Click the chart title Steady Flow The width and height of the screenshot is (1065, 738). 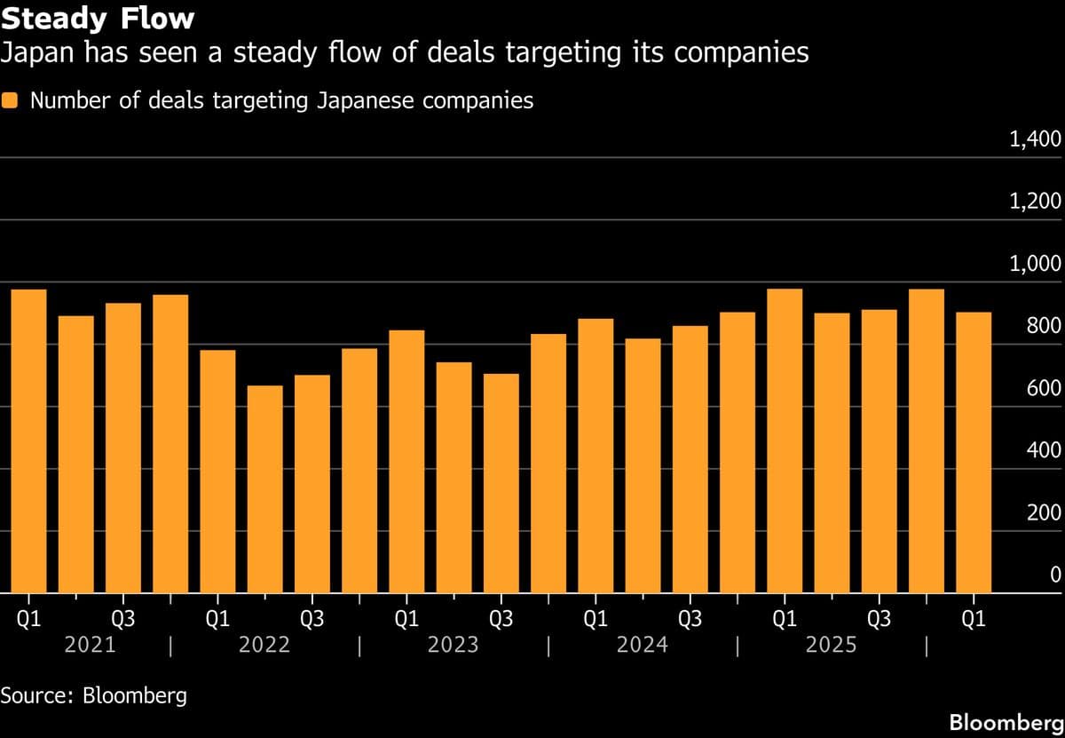[x=98, y=18]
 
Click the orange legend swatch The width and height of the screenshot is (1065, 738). [x=11, y=100]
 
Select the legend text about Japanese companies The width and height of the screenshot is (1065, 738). [x=281, y=100]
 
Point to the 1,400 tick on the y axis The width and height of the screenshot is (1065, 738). [x=1036, y=139]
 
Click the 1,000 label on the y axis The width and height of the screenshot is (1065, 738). [x=1036, y=264]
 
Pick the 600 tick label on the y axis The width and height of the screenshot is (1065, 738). [x=1043, y=388]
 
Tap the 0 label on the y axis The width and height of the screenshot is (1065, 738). [x=1055, y=575]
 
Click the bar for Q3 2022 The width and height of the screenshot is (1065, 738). [x=312, y=484]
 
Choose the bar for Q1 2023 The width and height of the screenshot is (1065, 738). [x=406, y=462]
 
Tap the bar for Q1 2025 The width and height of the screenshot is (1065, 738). [x=785, y=441]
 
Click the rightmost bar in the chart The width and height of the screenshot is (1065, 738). [x=974, y=453]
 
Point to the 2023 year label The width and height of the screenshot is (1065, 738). [x=453, y=645]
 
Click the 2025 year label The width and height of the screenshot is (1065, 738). [x=831, y=645]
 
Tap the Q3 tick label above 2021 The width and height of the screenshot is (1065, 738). [x=122, y=619]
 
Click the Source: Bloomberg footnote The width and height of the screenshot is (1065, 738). [x=94, y=694]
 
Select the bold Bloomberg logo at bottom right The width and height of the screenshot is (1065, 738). [x=1005, y=722]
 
